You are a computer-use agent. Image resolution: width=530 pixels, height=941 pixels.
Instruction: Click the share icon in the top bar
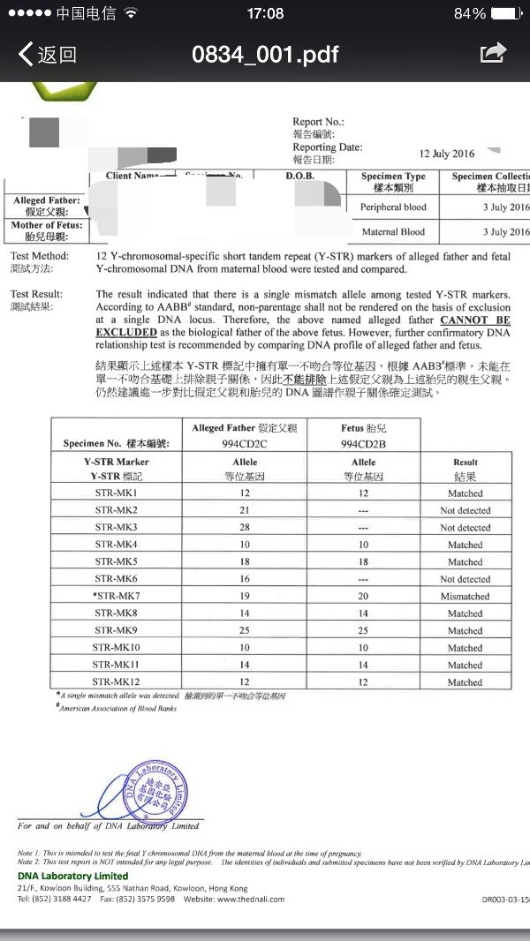(493, 53)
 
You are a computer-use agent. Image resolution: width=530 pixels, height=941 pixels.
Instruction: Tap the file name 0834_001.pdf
(265, 55)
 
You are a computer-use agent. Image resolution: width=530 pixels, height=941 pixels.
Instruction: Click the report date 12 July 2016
(446, 154)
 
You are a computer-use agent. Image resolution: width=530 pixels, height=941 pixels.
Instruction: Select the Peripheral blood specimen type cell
(393, 207)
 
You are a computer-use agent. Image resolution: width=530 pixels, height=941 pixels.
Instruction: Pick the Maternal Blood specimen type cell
(394, 232)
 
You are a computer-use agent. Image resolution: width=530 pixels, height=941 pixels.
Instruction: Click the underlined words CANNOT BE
(475, 320)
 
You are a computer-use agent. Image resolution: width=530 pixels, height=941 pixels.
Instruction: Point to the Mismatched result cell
(465, 597)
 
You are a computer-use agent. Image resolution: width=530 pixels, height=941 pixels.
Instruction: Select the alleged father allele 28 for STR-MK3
(245, 528)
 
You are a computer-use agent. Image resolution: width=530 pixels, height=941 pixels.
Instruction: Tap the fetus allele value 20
(363, 597)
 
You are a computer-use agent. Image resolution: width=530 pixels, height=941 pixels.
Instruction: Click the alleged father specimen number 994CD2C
(245, 445)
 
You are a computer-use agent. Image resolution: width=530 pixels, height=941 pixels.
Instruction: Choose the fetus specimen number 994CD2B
(363, 445)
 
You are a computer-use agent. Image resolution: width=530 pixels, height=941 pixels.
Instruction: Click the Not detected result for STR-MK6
(465, 579)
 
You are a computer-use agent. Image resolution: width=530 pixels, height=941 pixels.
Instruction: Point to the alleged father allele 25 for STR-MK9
(245, 631)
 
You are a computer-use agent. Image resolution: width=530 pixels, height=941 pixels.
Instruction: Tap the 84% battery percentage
(470, 13)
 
